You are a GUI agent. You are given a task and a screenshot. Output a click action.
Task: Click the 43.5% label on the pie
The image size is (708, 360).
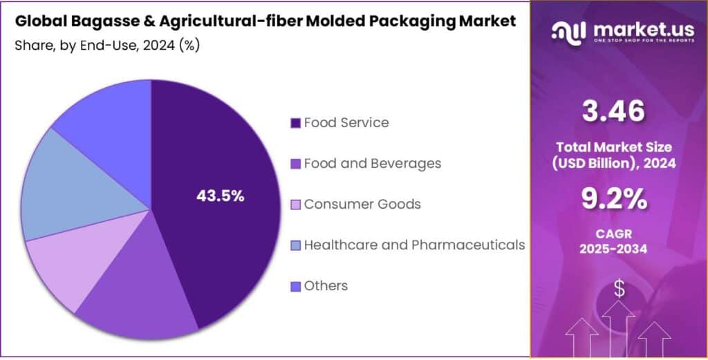(x=221, y=196)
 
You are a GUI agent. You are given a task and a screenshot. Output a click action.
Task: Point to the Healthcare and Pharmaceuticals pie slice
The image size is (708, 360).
(x=69, y=187)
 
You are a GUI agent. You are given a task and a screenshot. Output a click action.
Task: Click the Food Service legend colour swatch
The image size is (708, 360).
(x=295, y=123)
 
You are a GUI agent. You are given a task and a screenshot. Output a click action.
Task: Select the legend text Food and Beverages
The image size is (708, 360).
(x=372, y=164)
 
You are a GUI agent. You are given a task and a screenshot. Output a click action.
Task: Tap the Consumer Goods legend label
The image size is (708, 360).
(x=362, y=205)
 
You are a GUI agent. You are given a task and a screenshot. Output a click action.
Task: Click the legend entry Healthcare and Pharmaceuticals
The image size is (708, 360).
(x=414, y=245)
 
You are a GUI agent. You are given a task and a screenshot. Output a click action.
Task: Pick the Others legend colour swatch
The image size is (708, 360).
(x=295, y=286)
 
